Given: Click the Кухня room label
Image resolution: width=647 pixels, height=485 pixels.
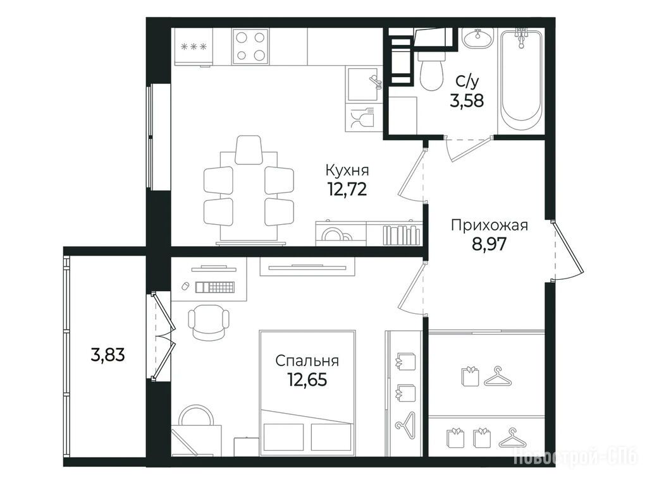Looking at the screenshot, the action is coord(347,170).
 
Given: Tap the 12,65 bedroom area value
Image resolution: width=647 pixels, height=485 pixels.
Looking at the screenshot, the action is coord(308,380).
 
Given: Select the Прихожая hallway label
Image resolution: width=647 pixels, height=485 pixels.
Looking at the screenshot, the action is coord(490,226).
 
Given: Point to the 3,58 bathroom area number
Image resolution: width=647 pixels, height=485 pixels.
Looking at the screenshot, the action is coord(467,100).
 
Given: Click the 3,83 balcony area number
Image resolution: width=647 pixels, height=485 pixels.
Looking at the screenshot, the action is coord(108,354).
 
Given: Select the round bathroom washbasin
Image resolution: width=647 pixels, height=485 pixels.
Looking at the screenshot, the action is coord(478,39).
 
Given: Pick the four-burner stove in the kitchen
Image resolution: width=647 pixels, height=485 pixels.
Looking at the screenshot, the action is coord(250,46).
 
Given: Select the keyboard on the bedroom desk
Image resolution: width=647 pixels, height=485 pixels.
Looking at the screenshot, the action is coord(215,286).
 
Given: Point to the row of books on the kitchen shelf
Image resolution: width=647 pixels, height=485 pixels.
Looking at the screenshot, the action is coord(401,236).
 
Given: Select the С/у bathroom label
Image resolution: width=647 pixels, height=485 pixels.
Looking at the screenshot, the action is coord(467,81).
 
